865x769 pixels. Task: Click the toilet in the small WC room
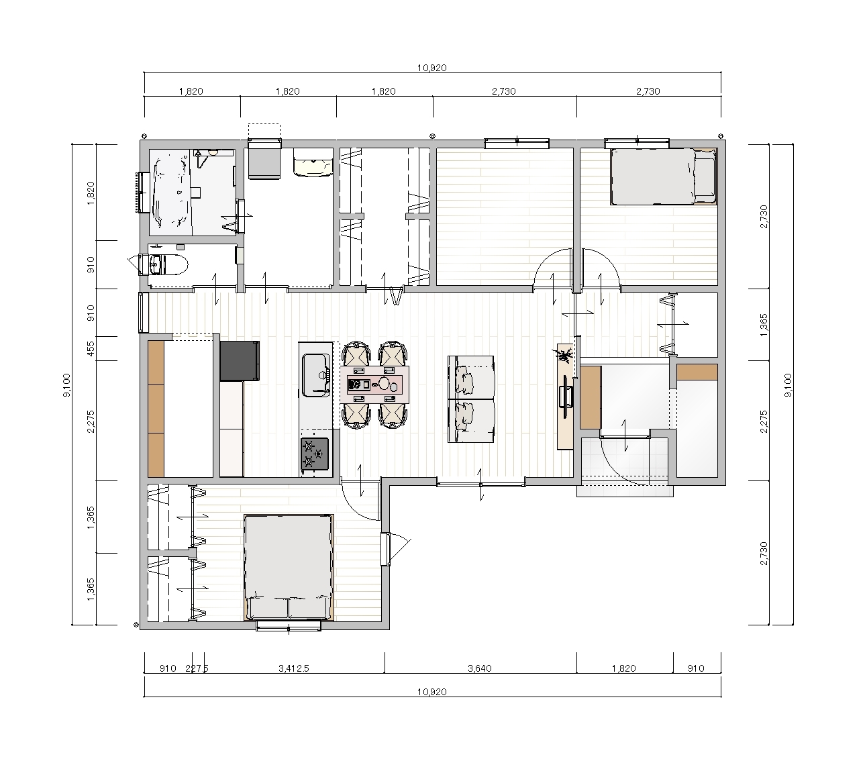[168, 265]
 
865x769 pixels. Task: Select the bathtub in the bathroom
[171, 192]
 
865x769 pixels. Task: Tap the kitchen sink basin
[316, 375]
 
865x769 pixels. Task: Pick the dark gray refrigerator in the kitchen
[240, 361]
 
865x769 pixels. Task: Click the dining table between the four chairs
[374, 384]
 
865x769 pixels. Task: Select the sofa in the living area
[471, 399]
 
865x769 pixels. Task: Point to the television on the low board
[566, 396]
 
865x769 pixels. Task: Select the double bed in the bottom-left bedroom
[289, 567]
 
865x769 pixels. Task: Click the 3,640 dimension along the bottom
[480, 668]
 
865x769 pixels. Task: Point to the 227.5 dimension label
[197, 668]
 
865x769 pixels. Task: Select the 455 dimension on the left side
[91, 348]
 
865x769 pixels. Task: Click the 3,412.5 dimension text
[294, 668]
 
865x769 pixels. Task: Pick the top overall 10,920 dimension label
[432, 68]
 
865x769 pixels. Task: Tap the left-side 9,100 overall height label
[66, 384]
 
